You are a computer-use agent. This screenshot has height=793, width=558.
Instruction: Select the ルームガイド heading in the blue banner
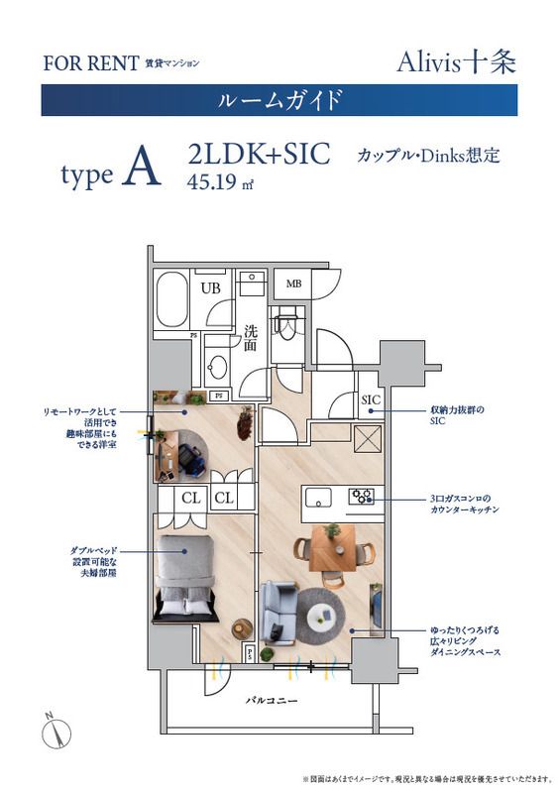pos(279,100)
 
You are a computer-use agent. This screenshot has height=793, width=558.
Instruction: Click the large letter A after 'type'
pos(142,170)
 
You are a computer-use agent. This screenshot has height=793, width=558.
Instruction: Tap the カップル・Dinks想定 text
pos(427,156)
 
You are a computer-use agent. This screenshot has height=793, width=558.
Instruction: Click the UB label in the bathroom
pos(210,288)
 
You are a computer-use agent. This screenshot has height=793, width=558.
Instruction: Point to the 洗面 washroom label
pos(251,339)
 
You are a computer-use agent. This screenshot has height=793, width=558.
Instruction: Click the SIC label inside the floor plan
pos(371,400)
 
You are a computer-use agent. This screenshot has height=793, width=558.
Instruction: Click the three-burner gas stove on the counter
pos(361,495)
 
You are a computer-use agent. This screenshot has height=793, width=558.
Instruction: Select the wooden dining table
pos(331,549)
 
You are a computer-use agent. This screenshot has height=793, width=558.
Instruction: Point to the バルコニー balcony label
pos(275,701)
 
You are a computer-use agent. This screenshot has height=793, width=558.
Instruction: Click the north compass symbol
pos(58,733)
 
